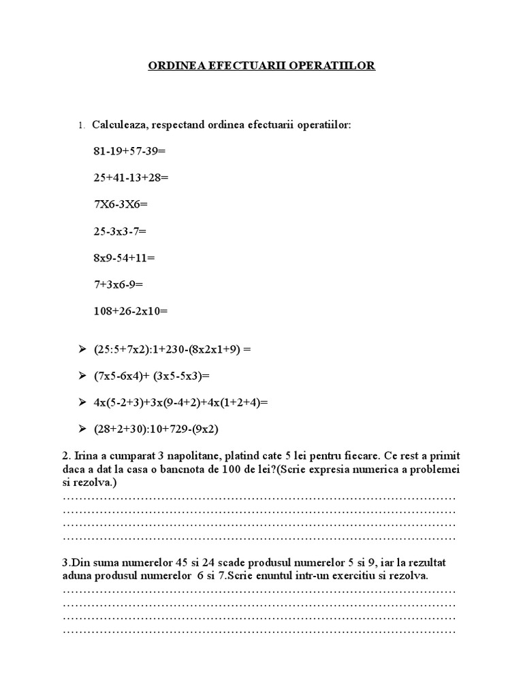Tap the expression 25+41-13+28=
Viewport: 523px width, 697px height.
(131, 178)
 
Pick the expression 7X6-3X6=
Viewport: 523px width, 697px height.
(121, 204)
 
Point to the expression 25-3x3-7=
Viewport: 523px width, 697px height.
(120, 231)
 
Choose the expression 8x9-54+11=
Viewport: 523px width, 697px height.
(125, 258)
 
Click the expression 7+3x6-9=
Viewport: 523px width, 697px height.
(118, 285)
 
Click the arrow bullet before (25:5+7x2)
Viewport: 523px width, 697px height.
(82, 349)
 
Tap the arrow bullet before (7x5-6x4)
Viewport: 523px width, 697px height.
(82, 376)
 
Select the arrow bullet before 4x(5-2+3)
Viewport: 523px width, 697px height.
(82, 402)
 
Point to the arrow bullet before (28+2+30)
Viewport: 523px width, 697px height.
(82, 429)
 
